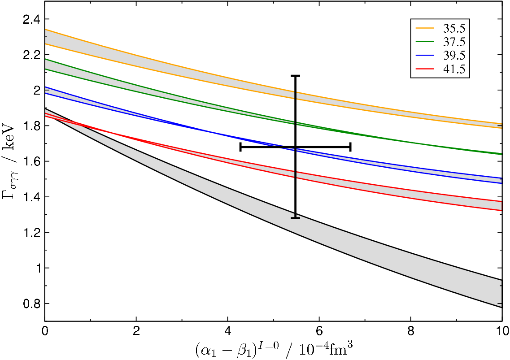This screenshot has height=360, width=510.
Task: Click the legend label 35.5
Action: click(454, 28)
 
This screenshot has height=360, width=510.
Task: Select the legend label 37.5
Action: click(454, 42)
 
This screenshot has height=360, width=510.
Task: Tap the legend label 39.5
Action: click(454, 56)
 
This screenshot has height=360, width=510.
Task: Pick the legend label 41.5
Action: click(454, 69)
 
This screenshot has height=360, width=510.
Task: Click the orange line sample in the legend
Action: click(425, 28)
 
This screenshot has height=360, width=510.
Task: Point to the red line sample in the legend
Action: click(425, 69)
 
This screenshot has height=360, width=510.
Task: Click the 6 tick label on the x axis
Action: click(319, 331)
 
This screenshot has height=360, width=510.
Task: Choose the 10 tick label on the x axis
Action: click(502, 331)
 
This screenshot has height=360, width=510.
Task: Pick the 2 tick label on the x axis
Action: click(136, 331)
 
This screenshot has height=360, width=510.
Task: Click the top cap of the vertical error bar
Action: click(295, 76)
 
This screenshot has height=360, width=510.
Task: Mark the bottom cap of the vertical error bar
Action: click(295, 218)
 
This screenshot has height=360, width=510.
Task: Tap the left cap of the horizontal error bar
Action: click(240, 147)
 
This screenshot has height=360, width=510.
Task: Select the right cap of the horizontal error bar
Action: click(350, 147)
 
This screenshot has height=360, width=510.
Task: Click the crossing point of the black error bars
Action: click(295, 147)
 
